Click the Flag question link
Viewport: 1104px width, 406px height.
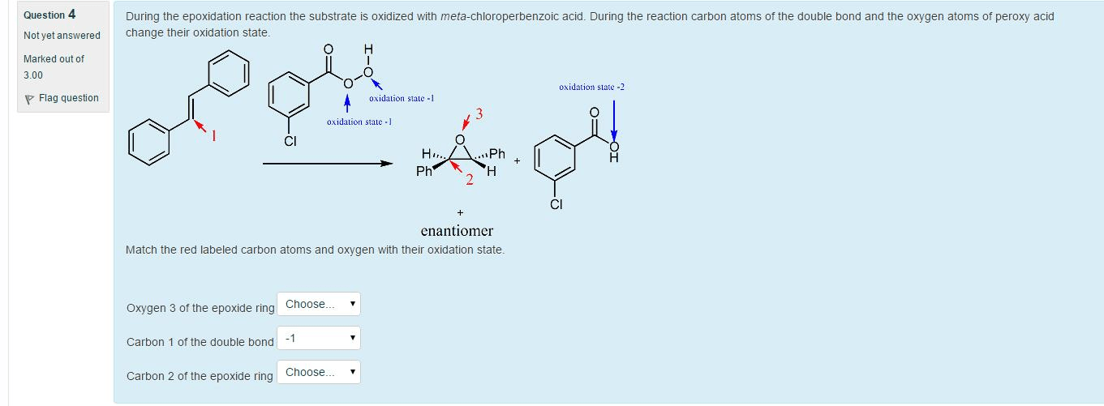click(68, 98)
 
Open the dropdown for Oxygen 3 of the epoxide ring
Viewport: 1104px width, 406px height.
click(319, 305)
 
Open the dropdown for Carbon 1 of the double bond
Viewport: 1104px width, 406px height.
click(319, 338)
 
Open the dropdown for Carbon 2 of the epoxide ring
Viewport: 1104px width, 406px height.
click(319, 373)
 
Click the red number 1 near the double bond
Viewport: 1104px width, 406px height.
click(214, 136)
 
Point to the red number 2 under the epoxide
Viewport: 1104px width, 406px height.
click(469, 180)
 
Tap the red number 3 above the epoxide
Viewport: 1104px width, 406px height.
click(479, 114)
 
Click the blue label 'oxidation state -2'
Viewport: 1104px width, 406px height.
click(591, 87)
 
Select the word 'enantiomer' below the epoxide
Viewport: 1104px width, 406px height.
click(457, 231)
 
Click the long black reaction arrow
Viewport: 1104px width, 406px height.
click(328, 163)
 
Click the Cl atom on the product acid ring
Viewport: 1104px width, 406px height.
click(556, 204)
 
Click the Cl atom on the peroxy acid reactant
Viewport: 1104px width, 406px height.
click(290, 142)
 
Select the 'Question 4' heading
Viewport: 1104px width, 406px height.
click(49, 15)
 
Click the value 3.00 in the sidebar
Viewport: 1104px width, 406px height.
click(33, 75)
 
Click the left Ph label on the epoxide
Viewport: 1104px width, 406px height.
click(423, 171)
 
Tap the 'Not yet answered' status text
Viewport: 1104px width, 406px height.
click(62, 36)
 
